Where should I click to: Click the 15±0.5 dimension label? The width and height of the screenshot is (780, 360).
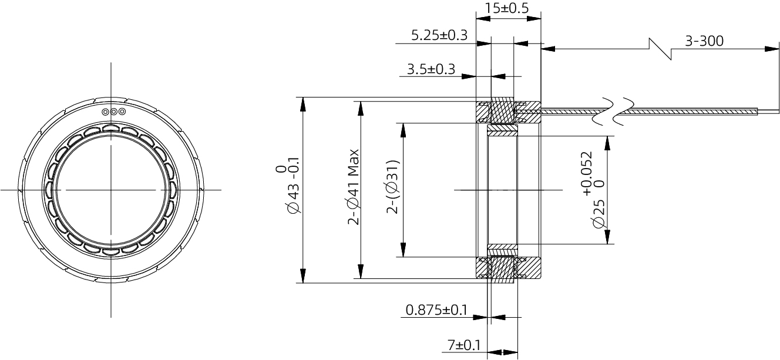[507, 8]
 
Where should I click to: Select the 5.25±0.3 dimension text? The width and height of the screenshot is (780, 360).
[439, 35]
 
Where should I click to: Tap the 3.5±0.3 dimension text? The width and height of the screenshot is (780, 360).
[431, 69]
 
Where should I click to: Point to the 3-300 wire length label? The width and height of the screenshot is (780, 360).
[704, 41]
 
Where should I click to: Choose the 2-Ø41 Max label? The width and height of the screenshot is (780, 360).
[354, 187]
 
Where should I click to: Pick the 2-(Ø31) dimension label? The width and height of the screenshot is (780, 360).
[392, 187]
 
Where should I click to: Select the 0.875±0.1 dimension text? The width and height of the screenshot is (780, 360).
[436, 309]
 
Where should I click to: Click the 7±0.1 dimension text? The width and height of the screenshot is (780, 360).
[464, 345]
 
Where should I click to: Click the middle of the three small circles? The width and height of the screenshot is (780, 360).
[114, 112]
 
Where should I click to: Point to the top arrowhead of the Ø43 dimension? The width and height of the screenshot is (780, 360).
[303, 105]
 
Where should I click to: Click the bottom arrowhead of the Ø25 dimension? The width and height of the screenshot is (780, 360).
[608, 237]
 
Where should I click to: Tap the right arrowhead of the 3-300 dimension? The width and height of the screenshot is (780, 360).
[772, 49]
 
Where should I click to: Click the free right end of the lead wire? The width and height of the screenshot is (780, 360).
[779, 112]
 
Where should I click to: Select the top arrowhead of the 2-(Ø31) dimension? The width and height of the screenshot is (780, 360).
[404, 130]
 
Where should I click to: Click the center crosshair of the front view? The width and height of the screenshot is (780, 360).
[111, 190]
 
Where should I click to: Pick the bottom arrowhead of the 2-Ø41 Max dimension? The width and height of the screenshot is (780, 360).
[361, 271]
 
